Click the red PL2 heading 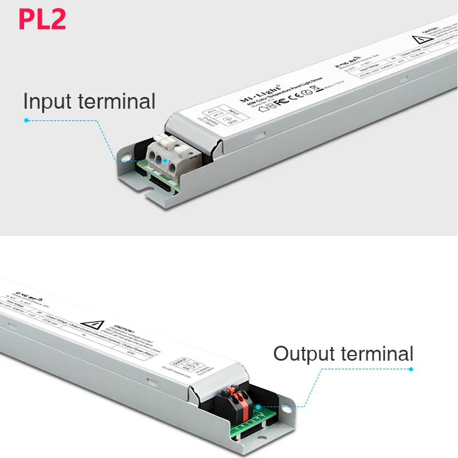click(x=42, y=18)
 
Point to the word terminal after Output click(x=380, y=353)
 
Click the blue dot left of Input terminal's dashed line click(x=26, y=120)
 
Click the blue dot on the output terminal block click(x=258, y=406)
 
